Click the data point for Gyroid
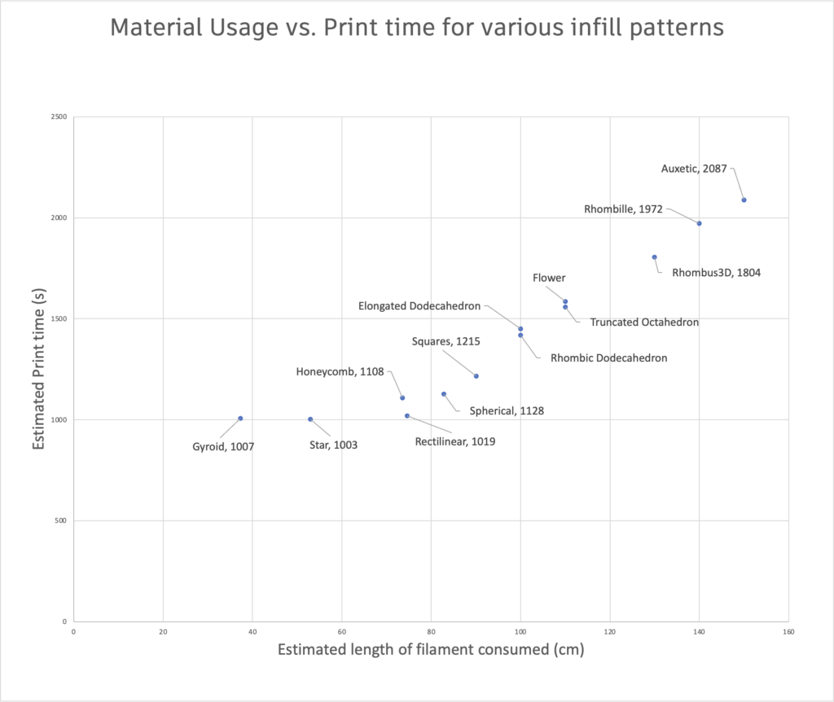(x=240, y=419)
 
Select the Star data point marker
(x=310, y=419)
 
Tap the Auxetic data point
(x=744, y=200)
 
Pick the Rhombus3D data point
(x=654, y=257)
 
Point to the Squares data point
(x=476, y=376)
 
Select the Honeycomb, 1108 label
(x=340, y=372)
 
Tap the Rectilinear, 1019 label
(x=455, y=442)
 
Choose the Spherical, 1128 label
(x=507, y=411)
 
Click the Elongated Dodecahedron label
(x=419, y=306)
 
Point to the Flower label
(x=549, y=279)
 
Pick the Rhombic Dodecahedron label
(x=609, y=358)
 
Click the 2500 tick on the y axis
(x=57, y=117)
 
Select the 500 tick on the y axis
(x=59, y=520)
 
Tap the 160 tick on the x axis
(x=788, y=631)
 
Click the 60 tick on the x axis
(x=341, y=631)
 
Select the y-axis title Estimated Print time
(x=38, y=369)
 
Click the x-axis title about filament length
(x=431, y=650)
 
